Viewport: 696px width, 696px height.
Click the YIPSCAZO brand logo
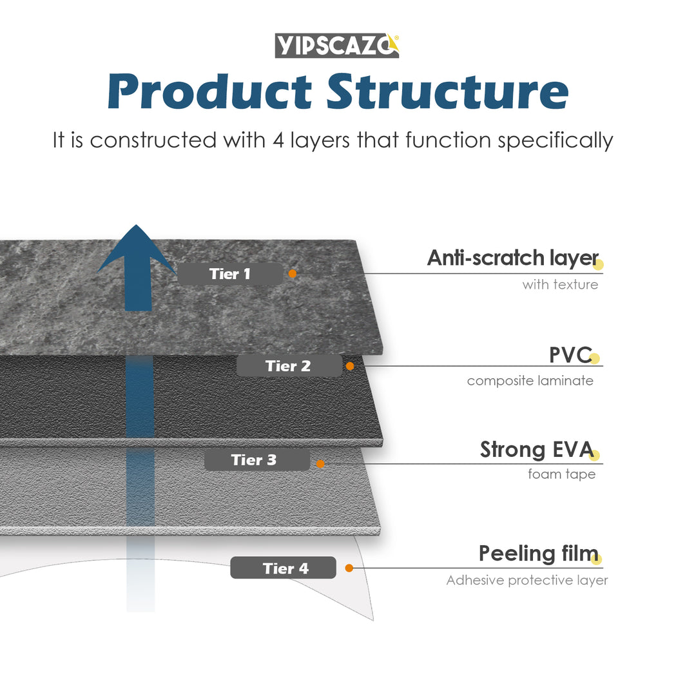point(337,46)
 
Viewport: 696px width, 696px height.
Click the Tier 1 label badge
point(230,274)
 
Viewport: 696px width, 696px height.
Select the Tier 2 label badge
point(289,366)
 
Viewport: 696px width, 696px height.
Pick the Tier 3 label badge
point(256,460)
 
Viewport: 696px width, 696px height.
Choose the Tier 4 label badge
point(284,568)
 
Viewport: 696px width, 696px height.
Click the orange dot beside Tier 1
point(293,274)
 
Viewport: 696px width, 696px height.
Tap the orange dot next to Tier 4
point(349,568)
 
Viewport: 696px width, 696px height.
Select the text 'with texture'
point(560,284)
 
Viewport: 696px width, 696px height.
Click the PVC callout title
point(570,355)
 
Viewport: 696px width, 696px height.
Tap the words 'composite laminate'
point(530,381)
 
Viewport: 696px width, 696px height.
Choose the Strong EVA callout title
point(536,450)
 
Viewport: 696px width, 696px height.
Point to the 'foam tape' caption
point(561,474)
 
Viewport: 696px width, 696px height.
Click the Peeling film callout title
point(538,554)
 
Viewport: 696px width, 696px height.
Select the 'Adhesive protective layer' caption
point(527,581)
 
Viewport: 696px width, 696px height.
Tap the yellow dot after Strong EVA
point(594,456)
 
